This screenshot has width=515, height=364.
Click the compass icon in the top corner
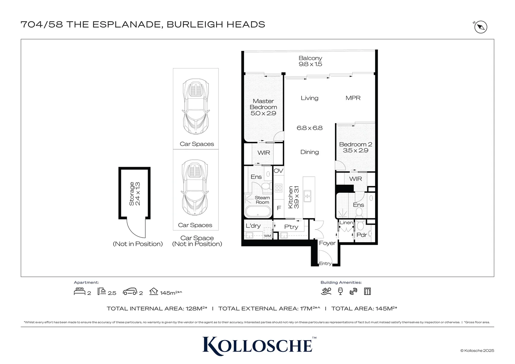[481, 27]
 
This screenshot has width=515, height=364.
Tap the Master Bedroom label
[263, 107]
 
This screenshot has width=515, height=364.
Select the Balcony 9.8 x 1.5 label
[310, 61]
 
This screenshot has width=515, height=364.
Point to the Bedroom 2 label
[356, 147]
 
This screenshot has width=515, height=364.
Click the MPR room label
[353, 98]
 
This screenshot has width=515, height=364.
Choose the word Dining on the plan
[309, 152]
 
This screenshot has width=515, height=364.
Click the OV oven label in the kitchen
[278, 171]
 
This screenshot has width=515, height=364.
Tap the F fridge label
[279, 208]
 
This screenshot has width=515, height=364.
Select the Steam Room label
[262, 200]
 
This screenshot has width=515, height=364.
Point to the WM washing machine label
[267, 236]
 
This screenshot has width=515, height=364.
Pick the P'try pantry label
[291, 227]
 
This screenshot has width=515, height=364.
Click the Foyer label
[327, 243]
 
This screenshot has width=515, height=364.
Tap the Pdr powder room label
[361, 235]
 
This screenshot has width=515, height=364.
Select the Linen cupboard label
[346, 222]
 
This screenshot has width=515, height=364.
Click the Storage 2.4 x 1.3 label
[134, 194]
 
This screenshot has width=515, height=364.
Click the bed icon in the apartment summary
[79, 291]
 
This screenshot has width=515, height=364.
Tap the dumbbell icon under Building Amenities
[353, 291]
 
